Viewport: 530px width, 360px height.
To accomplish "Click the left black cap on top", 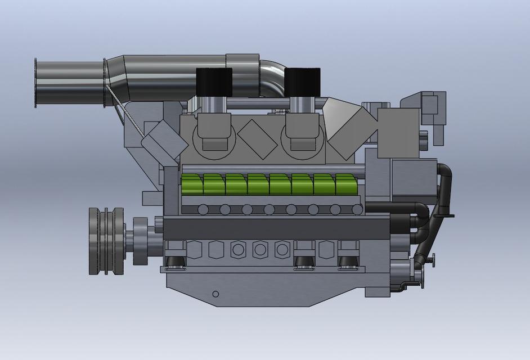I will pos(214,83).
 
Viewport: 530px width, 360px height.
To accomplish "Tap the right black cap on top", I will pos(302,83).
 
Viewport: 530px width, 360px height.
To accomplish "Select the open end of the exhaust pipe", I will pos(37,83).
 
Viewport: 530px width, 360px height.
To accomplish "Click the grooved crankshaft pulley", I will pos(106,241).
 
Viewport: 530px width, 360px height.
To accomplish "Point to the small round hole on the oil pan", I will pos(215,294).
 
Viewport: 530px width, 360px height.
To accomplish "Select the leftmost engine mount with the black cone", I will pos(177,255).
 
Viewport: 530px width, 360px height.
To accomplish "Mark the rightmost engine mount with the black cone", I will pos(349,255).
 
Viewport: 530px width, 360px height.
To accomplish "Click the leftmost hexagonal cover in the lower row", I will pos(195,249).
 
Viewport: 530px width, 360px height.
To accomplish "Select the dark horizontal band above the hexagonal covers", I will pos(276,228).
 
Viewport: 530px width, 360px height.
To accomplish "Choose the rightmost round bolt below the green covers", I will pos(357,210).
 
